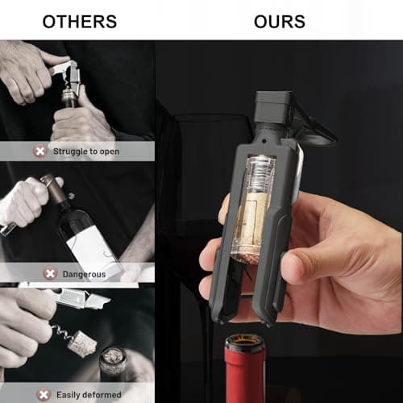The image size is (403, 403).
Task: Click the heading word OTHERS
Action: [x=80, y=22]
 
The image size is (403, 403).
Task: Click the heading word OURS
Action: [x=280, y=22]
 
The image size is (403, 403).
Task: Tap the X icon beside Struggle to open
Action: [x=40, y=152]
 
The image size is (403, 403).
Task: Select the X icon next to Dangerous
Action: [x=50, y=273]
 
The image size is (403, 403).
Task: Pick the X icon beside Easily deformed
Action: [x=44, y=395]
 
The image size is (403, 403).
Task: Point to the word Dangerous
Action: [x=84, y=274]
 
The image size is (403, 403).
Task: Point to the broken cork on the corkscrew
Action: [x=80, y=342]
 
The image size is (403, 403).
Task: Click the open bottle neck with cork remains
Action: [x=113, y=360]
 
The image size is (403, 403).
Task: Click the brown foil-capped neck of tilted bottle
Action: [x=55, y=189]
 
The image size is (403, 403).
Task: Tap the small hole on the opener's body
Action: [x=265, y=140]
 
